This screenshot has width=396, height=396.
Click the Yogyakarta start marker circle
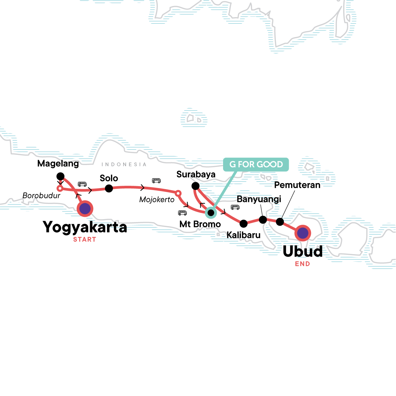click(x=85, y=209)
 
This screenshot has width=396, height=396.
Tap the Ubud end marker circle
click(x=303, y=233)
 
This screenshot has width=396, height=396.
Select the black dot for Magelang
click(x=60, y=176)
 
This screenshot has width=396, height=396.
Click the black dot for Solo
click(x=109, y=188)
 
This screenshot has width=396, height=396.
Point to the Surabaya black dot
click(x=195, y=186)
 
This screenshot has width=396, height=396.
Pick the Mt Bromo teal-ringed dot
click(x=211, y=213)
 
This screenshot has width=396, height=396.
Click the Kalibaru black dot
click(x=244, y=224)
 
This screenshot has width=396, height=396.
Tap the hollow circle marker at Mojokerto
click(x=178, y=193)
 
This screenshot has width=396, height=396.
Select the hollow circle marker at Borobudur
click(x=60, y=188)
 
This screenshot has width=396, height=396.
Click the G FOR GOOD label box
click(x=256, y=164)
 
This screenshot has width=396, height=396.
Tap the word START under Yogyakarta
click(x=84, y=240)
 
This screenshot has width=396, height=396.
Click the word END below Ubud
click(x=303, y=264)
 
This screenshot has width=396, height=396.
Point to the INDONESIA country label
click(x=124, y=164)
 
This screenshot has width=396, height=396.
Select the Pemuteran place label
click(x=297, y=185)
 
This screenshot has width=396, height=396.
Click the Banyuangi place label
click(x=259, y=199)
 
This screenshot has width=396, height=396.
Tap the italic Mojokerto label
click(x=157, y=199)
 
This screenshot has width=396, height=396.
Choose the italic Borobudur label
click(x=42, y=195)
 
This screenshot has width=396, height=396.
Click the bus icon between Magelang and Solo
click(x=82, y=184)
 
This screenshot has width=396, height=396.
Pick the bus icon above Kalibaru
click(x=235, y=207)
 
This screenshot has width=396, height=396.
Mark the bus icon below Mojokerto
click(x=182, y=213)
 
